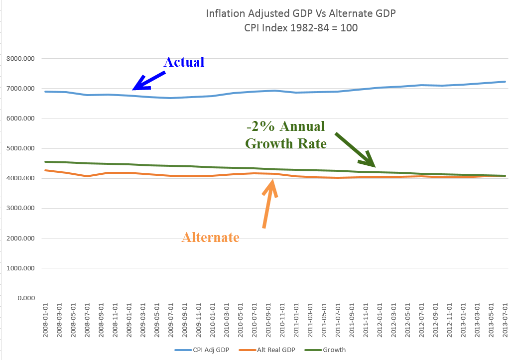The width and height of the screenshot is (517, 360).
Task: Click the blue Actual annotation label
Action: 184,62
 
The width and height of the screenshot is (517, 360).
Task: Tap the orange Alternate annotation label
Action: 210,238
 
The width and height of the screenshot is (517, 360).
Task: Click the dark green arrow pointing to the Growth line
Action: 355,149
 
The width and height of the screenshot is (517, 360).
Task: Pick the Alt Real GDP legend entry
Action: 271,350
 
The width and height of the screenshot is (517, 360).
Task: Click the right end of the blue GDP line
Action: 505,82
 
